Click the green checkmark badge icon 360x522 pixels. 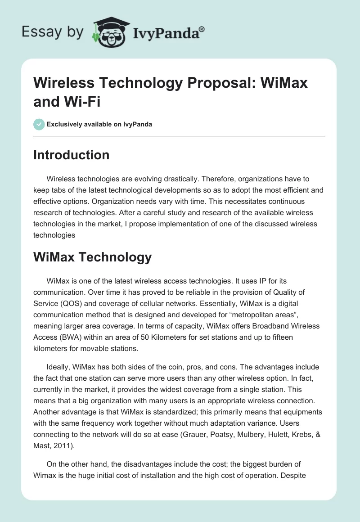point(39,124)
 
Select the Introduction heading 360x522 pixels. point(72,155)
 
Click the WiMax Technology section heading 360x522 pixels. point(93,257)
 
